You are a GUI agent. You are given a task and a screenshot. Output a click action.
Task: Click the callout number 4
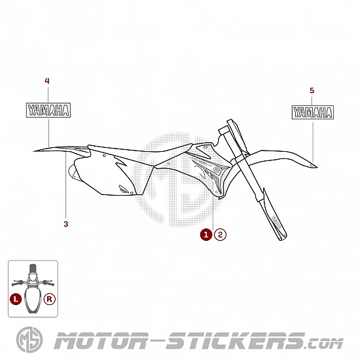47,81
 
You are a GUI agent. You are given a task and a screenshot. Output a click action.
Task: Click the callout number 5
312,90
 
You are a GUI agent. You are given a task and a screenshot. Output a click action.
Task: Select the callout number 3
66,224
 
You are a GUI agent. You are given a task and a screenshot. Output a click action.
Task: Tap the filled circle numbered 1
206,234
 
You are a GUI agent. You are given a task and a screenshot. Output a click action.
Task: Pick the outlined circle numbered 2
220,234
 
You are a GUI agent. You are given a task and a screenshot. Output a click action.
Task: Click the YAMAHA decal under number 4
48,110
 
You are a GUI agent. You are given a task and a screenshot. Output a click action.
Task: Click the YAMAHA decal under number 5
313,113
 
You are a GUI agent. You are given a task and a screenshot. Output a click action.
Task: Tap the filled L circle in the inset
16,299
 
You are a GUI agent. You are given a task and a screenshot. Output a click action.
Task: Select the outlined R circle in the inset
50,299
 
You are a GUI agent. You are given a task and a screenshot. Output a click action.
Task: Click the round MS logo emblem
29,340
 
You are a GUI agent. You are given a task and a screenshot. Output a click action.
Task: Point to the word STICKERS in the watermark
236,341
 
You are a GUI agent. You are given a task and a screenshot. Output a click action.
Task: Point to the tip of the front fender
317,167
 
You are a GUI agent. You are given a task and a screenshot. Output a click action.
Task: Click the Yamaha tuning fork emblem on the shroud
217,170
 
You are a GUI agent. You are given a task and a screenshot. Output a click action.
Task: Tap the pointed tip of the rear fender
34,151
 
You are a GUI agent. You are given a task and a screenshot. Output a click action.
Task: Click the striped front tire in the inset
33,268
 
